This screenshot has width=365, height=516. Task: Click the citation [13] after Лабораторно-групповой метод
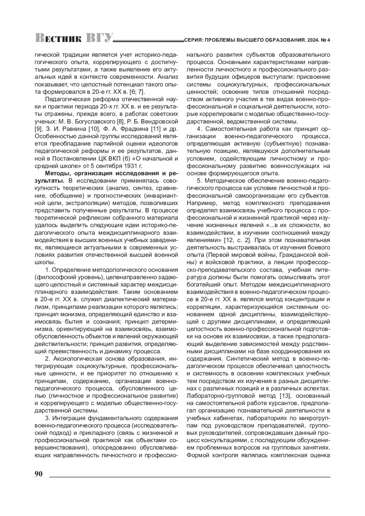286,396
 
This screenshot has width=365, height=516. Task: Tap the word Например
200,203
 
